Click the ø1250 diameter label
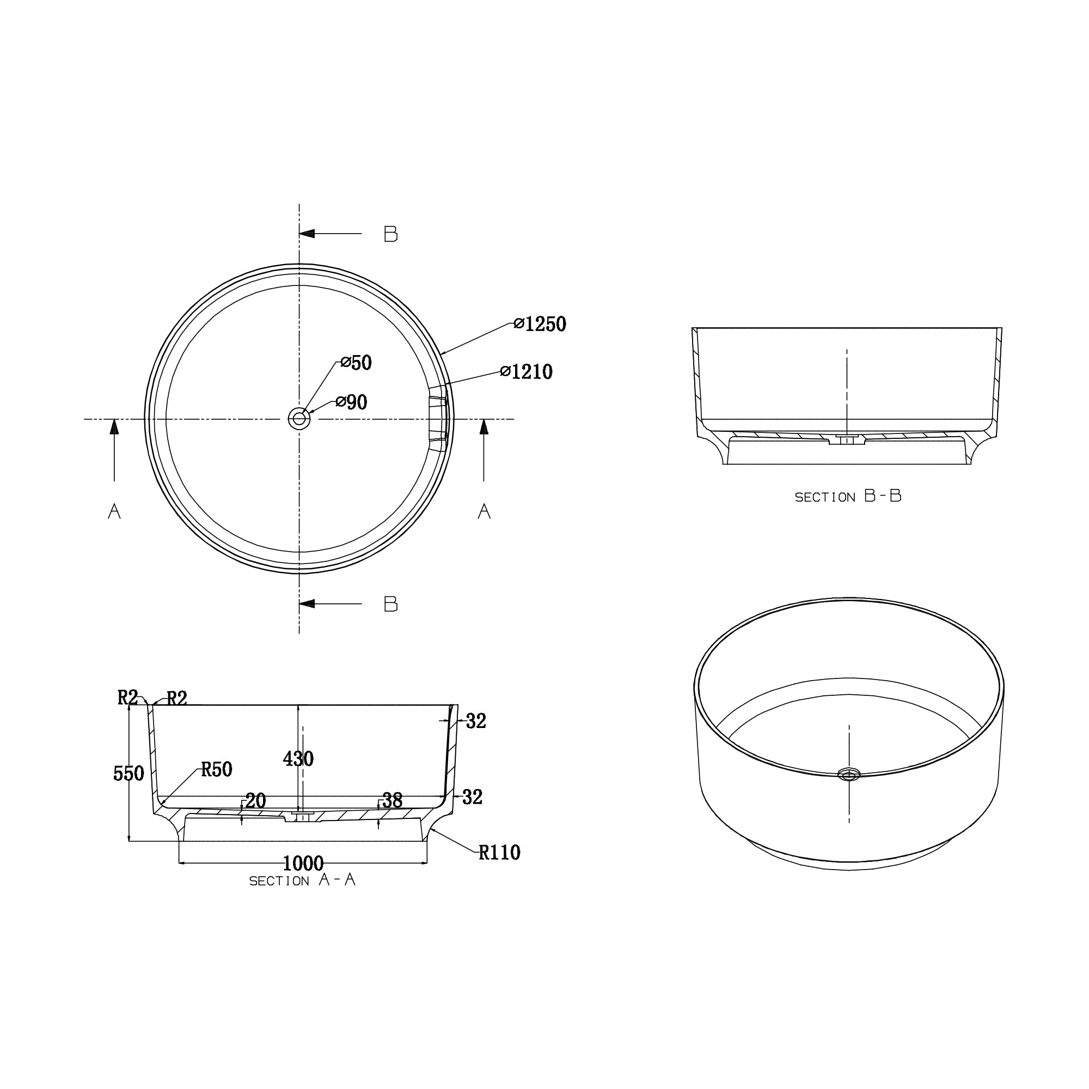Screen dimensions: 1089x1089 click(540, 324)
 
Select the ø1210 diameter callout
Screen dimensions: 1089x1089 click(527, 372)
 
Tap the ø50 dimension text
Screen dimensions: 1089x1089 click(356, 363)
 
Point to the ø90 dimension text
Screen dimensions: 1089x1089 click(352, 402)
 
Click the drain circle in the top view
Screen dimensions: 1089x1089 click(299, 419)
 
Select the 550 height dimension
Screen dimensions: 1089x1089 click(129, 774)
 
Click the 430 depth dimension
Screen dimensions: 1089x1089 click(298, 759)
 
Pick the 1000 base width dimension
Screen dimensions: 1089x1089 click(303, 864)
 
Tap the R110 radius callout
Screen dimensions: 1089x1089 click(499, 853)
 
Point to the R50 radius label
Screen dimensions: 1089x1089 click(217, 769)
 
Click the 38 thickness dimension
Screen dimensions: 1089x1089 click(392, 800)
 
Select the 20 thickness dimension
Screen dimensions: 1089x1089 click(255, 801)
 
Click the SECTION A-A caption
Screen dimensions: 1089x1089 click(303, 880)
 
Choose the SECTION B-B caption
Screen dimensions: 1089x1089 click(848, 497)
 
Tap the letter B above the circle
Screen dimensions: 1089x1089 click(390, 234)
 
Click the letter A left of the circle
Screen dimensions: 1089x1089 click(114, 511)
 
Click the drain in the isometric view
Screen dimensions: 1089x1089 click(849, 775)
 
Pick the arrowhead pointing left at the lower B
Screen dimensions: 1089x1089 click(307, 604)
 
